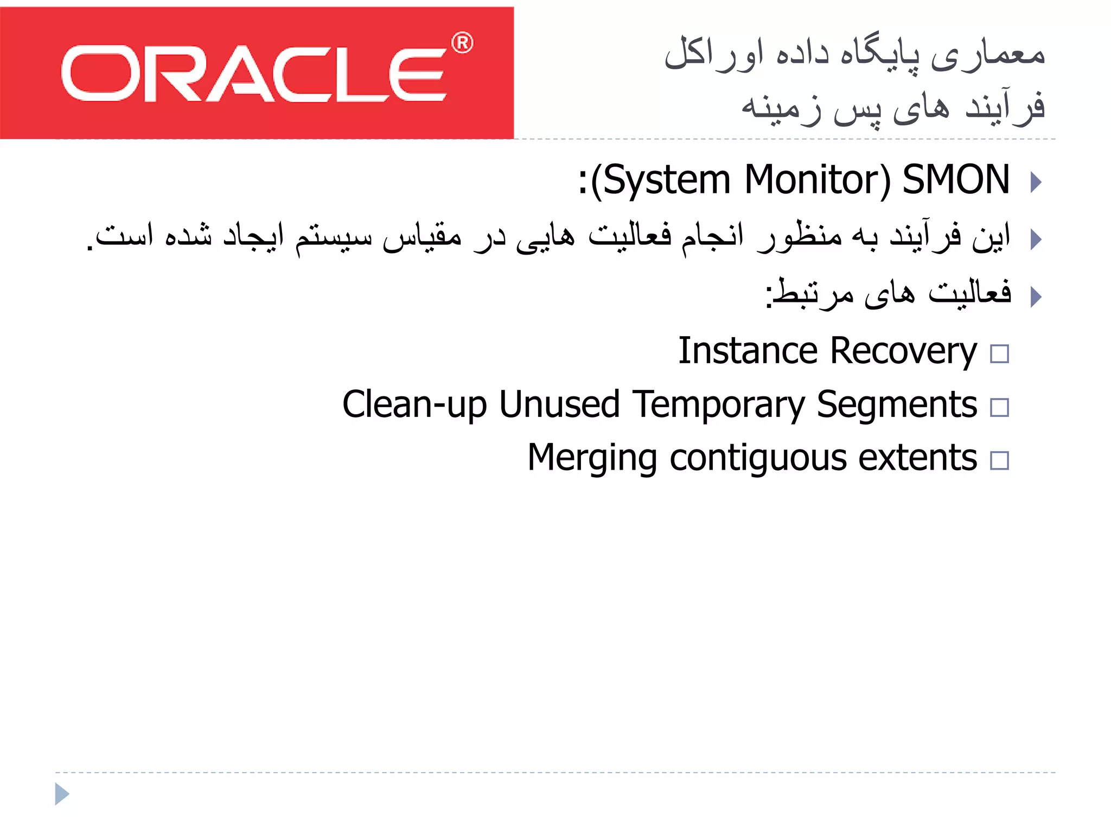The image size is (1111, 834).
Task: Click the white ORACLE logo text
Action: pyautogui.click(x=254, y=74)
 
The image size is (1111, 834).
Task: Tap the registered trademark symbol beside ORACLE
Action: pyautogui.click(x=462, y=43)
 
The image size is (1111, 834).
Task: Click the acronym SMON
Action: pyautogui.click(x=956, y=180)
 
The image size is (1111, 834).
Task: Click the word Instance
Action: pyautogui.click(x=748, y=351)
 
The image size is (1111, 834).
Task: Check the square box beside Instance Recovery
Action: pyautogui.click(x=999, y=354)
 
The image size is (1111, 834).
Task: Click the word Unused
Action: pyautogui.click(x=559, y=405)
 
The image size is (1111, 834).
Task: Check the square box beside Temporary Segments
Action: pyautogui.click(x=999, y=407)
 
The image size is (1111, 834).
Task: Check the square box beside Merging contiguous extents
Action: pyautogui.click(x=999, y=460)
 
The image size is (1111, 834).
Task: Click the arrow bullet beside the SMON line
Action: pyautogui.click(x=1036, y=182)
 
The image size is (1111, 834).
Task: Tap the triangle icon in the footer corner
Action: pyautogui.click(x=62, y=794)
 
